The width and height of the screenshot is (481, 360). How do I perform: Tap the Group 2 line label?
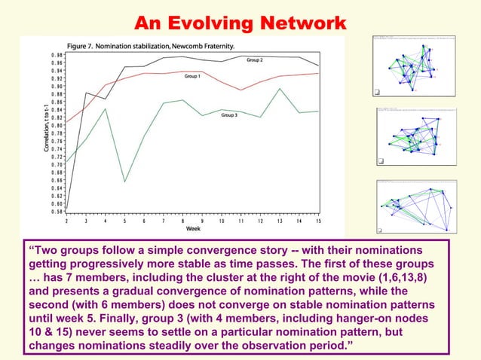[x=254, y=59]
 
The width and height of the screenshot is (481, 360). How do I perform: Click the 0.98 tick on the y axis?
[x=57, y=56]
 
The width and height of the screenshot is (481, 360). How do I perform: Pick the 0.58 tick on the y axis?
[x=57, y=212]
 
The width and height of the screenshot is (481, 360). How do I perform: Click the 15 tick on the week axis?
[x=320, y=221]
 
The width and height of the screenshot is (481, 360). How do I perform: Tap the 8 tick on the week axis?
[x=183, y=221]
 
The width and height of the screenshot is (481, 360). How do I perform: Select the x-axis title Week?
[x=193, y=229]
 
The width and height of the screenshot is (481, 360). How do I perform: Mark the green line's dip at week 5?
[x=124, y=182]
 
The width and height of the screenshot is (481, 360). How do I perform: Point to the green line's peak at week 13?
[x=280, y=89]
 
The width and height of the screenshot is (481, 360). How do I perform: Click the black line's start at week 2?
[x=66, y=209]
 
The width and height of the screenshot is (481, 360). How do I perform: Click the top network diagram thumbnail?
[x=414, y=66]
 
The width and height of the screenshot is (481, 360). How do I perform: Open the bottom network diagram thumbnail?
[x=414, y=206]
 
